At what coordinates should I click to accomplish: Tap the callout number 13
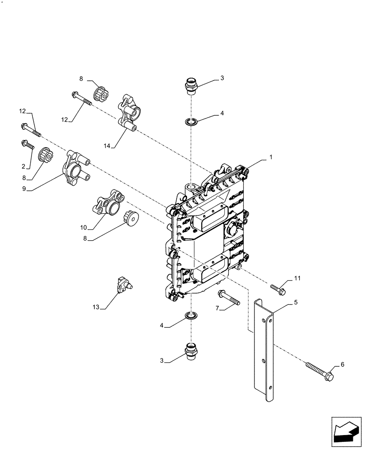(95, 307)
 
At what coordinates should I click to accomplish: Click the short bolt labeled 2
(27, 145)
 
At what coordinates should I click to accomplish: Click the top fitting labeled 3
(191, 85)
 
